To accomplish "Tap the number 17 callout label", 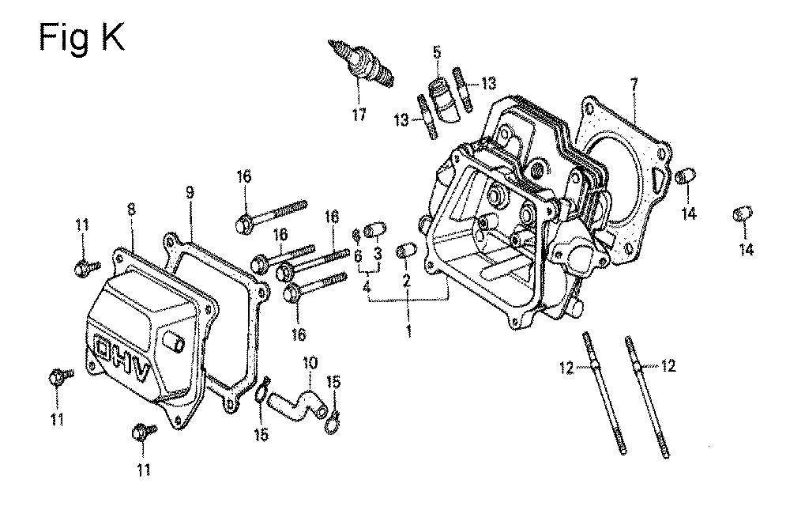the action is pyautogui.click(x=359, y=115).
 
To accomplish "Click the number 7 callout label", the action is pyautogui.click(x=634, y=83).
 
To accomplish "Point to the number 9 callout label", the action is pyautogui.click(x=190, y=192).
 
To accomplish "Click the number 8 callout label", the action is pyautogui.click(x=131, y=210).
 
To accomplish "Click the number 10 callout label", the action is pyautogui.click(x=310, y=363).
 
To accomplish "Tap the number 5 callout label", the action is pyautogui.click(x=436, y=51).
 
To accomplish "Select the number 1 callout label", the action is pyautogui.click(x=408, y=331).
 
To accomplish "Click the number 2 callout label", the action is pyautogui.click(x=407, y=281).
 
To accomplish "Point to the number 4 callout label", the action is pyautogui.click(x=367, y=288).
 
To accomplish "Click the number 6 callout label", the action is pyautogui.click(x=358, y=255).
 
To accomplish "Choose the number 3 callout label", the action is pyautogui.click(x=378, y=254).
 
